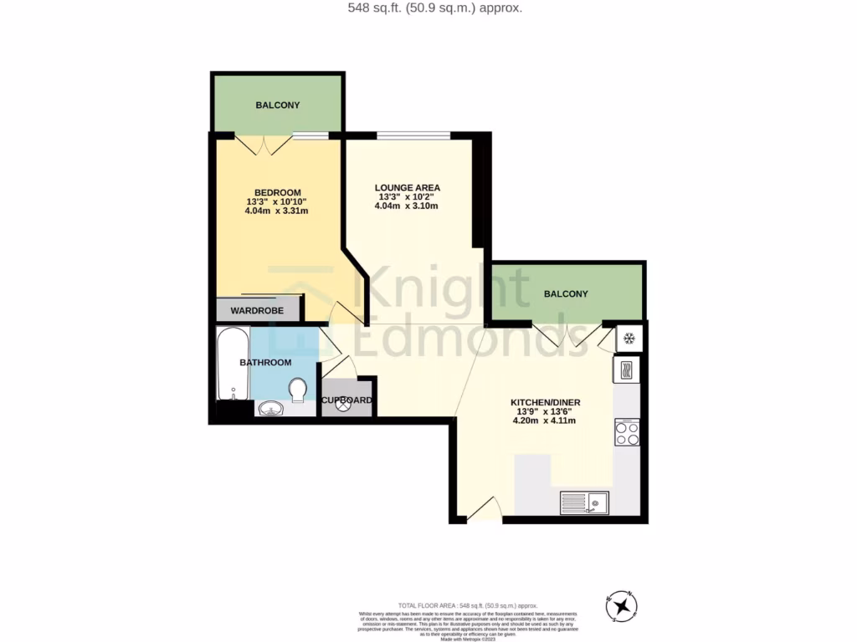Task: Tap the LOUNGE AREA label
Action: click(x=407, y=187)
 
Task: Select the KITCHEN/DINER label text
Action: click(x=545, y=402)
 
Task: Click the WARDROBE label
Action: click(x=257, y=311)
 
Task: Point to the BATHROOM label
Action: click(x=265, y=363)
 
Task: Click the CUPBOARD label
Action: click(x=347, y=400)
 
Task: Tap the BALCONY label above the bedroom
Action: click(x=277, y=105)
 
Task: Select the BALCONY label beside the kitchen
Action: click(x=566, y=294)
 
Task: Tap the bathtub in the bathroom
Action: click(x=232, y=364)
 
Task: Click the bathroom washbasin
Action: click(x=269, y=409)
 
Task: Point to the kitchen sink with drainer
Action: click(x=584, y=502)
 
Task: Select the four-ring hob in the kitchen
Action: click(x=627, y=432)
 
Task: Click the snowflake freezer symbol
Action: click(x=628, y=339)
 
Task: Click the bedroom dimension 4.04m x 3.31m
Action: click(x=276, y=211)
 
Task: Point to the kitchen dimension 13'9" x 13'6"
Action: click(x=545, y=411)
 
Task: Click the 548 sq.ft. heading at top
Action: click(x=423, y=8)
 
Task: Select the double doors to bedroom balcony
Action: click(x=263, y=145)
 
